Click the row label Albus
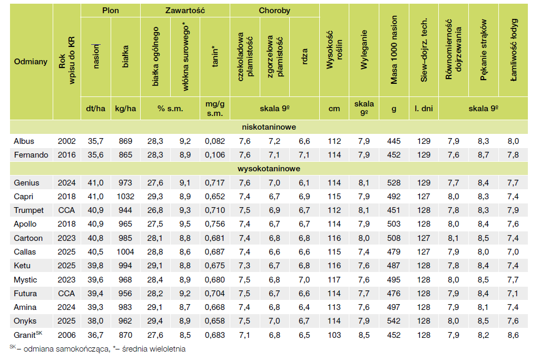pos(24,141)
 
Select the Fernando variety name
pos(31,155)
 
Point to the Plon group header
pos(110,11)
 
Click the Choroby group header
pos(274,11)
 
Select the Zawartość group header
pos(185,11)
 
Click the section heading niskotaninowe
pos(269,128)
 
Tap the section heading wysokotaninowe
pos(269,169)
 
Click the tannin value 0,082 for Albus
pos(214,141)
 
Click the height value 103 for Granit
pos(334,335)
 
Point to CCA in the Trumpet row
pos(67,210)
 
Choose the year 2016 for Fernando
pos(67,155)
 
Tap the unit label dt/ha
pos(95,109)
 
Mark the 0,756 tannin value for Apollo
pos(214,224)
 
